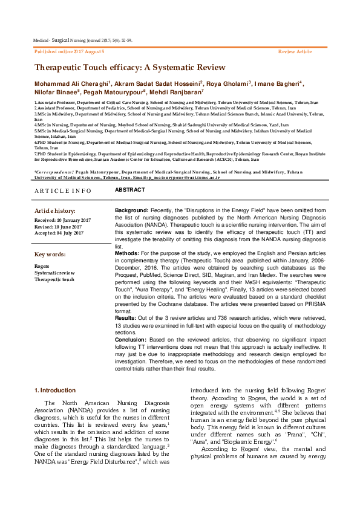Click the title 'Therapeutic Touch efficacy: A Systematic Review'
[129, 68]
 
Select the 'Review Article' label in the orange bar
[295, 52]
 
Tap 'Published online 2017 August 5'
[70, 52]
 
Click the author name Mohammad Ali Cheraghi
[72, 83]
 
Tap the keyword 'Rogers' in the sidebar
[42, 266]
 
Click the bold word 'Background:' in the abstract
[131, 210]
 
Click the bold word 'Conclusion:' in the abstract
[132, 339]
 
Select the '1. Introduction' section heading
[55, 391]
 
